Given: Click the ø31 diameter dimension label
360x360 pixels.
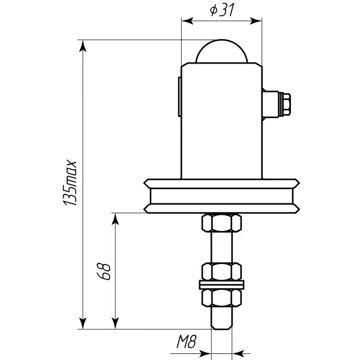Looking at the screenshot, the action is click(x=222, y=10).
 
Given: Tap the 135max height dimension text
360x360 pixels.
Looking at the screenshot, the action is click(x=70, y=182).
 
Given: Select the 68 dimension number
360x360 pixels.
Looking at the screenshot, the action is click(x=104, y=271).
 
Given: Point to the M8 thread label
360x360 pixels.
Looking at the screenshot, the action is click(x=187, y=341).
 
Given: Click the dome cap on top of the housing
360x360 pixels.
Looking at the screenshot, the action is click(x=221, y=51).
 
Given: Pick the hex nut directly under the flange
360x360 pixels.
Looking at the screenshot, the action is click(x=221, y=223).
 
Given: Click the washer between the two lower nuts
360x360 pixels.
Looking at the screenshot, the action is click(x=221, y=284).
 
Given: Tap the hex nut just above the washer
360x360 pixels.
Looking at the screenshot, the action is click(x=221, y=272).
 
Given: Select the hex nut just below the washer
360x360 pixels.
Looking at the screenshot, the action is click(x=221, y=298).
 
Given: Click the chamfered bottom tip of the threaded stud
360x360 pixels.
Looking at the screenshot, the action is click(x=221, y=327).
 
